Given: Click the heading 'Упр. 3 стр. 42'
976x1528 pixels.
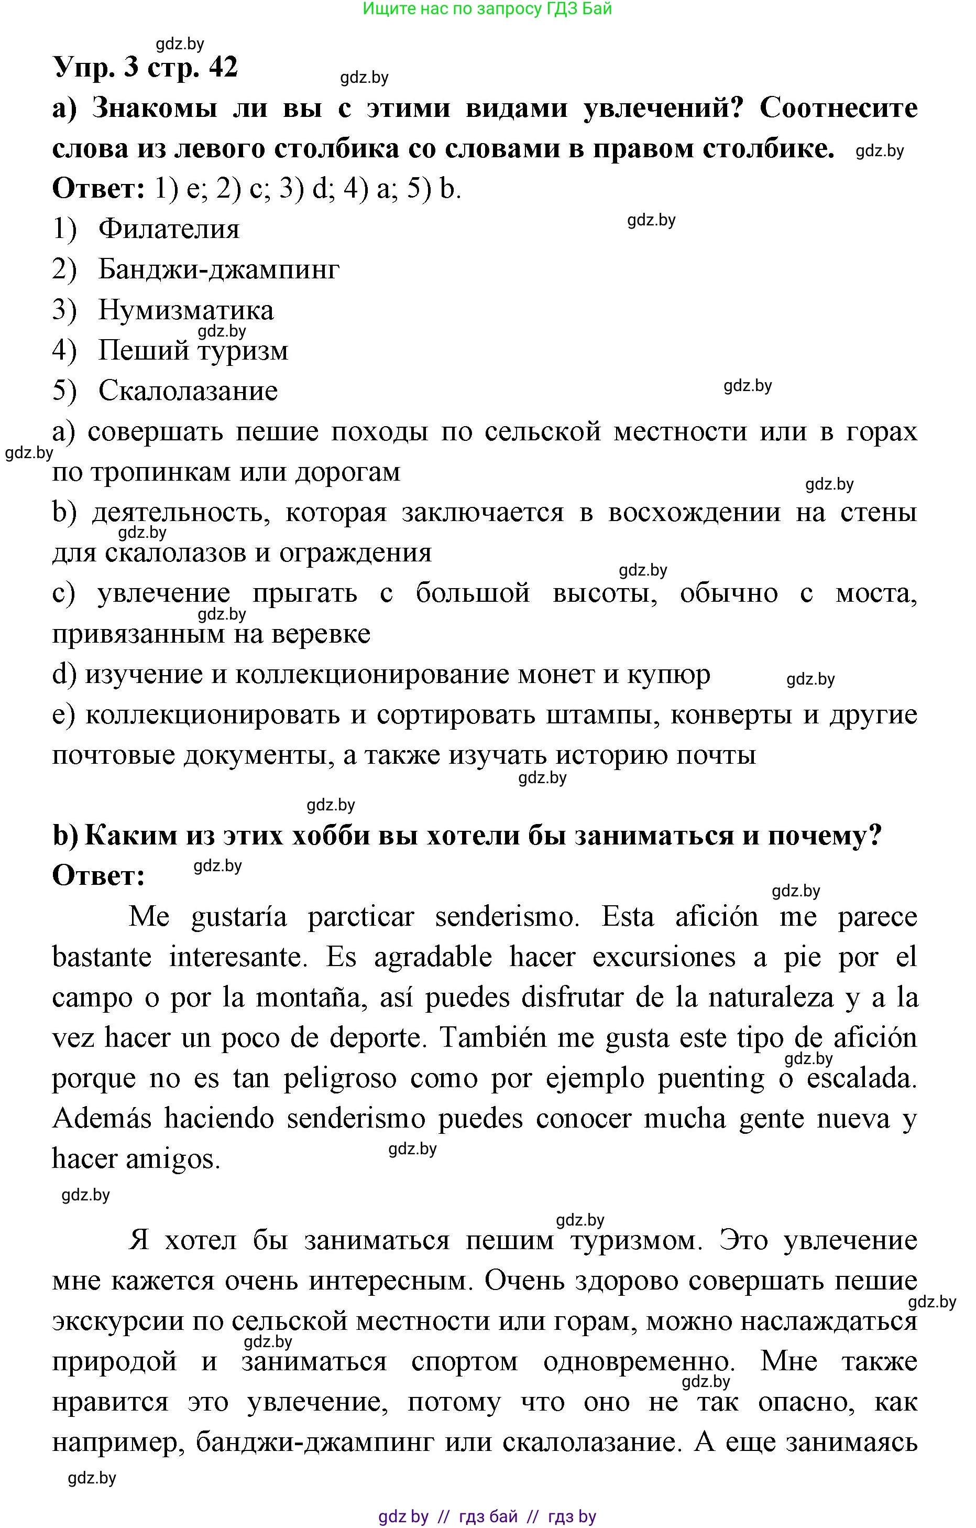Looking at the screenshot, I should coord(145,67).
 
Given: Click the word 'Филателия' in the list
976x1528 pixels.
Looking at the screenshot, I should coord(169,229).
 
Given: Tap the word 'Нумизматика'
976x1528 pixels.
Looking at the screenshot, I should coord(186,310).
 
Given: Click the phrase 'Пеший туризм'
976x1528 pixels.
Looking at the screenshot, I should coord(193,351).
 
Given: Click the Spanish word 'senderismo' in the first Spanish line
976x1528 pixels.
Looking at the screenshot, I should coord(507,916).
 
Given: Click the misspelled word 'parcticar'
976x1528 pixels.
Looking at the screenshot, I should coord(361,916).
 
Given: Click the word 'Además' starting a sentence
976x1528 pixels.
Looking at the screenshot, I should coord(102,1119).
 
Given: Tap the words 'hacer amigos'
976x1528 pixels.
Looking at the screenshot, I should coord(136,1159).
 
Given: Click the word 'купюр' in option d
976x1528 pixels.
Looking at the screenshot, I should coord(668,674).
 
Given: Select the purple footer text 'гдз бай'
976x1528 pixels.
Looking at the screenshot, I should coord(488,1516).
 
